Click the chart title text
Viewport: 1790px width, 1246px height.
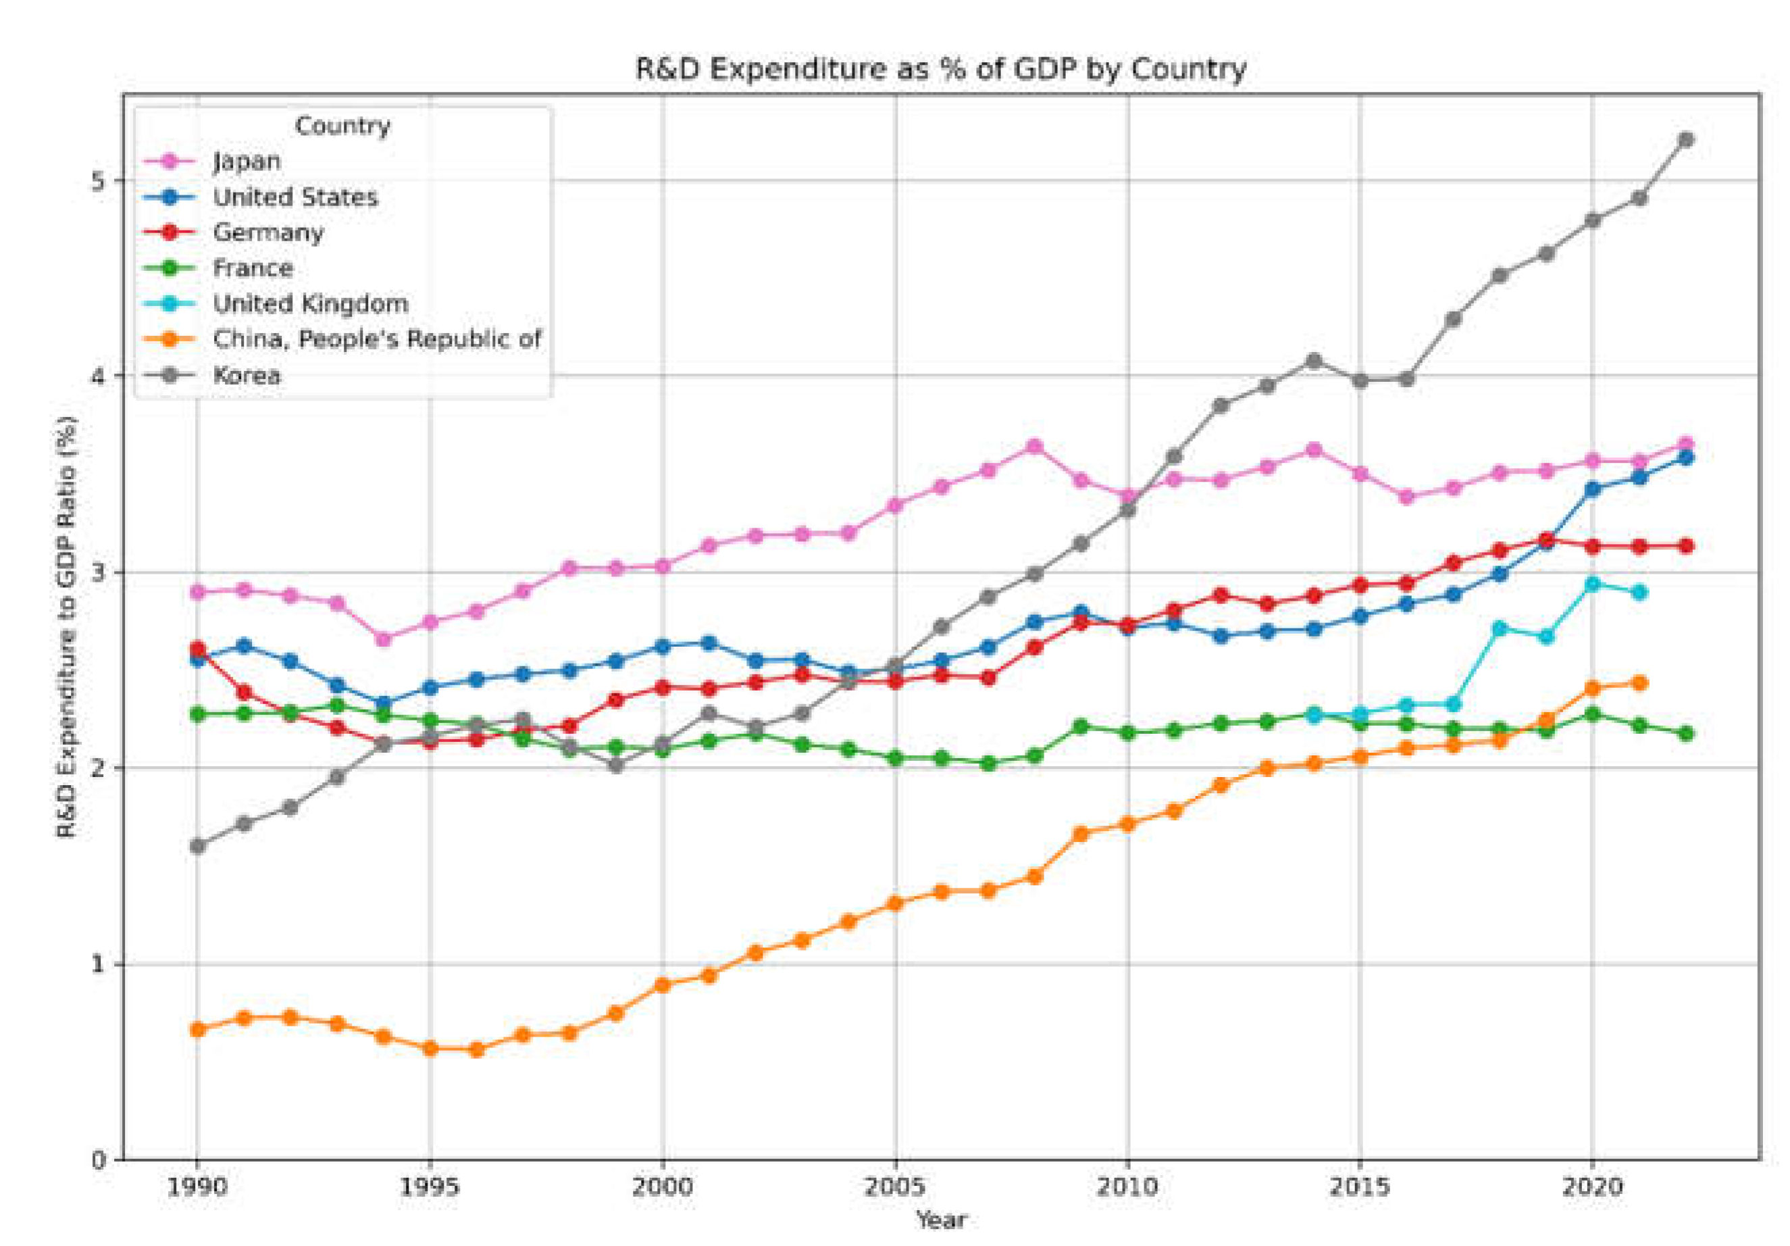940,70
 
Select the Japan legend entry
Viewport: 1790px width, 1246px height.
247,161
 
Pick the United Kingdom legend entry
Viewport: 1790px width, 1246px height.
310,304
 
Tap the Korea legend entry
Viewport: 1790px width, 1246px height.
247,376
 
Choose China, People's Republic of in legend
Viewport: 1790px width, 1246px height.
376,340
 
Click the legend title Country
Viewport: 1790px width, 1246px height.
342,126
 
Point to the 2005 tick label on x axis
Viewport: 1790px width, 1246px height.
896,1187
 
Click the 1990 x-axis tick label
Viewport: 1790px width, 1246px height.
198,1187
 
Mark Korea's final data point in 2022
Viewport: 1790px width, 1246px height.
1685,141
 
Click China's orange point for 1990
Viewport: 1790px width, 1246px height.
198,1029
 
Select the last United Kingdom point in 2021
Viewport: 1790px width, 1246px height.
1639,593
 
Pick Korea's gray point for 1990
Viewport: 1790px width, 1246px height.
198,846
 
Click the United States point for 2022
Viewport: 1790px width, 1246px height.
1685,457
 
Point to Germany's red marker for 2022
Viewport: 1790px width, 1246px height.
1685,546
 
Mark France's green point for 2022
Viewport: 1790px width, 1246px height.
1685,734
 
